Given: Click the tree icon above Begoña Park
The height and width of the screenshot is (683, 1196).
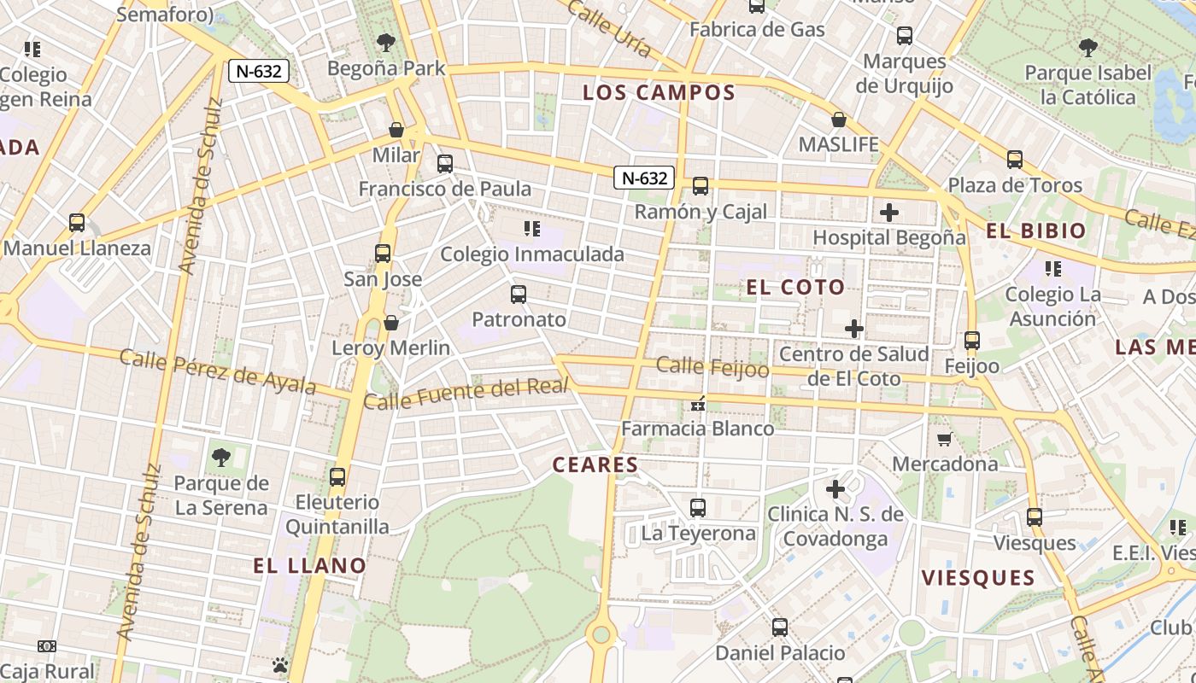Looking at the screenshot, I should [x=386, y=42].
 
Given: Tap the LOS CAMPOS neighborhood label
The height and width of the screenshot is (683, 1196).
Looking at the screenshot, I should [x=659, y=93].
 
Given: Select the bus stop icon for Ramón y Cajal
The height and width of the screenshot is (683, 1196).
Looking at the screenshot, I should [x=701, y=185].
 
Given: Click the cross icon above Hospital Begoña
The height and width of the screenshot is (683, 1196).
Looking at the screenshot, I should [x=889, y=212].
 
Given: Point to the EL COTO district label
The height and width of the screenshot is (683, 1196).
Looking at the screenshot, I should [x=795, y=287].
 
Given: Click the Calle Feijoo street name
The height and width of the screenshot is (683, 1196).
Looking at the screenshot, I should [x=712, y=367].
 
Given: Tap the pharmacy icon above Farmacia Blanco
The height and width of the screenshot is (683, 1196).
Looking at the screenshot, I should [x=698, y=404].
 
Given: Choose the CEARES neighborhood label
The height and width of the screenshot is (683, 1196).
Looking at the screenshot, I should [x=595, y=464].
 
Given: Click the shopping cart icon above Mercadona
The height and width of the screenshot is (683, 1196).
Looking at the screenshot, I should [x=944, y=439].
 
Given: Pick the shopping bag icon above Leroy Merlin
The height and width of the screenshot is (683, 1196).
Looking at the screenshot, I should [x=390, y=323].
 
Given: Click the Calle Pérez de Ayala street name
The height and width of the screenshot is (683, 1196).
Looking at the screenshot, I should [x=218, y=371].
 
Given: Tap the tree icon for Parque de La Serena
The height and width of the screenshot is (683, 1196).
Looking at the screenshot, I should [x=221, y=458].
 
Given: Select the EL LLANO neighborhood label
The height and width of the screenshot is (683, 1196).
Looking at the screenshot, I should [x=309, y=565].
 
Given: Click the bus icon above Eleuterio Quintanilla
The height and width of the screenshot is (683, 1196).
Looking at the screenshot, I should [x=337, y=476].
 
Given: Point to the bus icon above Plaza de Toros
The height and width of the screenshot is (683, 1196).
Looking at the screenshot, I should [x=1014, y=160].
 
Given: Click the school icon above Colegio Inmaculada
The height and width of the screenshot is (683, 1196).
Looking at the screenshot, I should [x=532, y=229].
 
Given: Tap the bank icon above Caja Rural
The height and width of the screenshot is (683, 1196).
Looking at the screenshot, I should [x=47, y=647].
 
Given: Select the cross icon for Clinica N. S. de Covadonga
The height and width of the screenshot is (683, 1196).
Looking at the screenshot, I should [x=835, y=489].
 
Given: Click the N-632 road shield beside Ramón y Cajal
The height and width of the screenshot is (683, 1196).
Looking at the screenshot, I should [x=644, y=178].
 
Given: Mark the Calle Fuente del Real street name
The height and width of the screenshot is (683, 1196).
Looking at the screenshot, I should [x=466, y=394].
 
